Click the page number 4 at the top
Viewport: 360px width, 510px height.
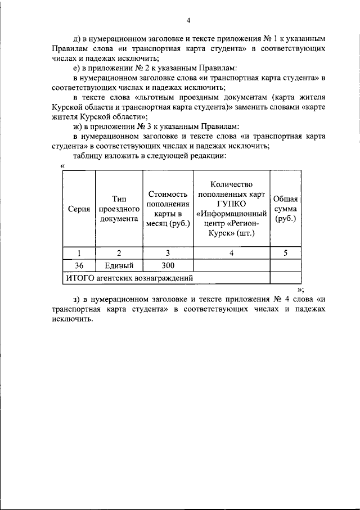click(189, 21)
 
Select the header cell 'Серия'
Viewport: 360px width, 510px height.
click(79, 209)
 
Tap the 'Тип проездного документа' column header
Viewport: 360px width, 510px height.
click(119, 209)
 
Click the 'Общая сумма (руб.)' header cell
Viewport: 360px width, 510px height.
click(285, 209)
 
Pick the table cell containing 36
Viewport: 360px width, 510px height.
click(79, 265)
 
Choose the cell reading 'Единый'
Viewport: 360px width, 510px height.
click(119, 265)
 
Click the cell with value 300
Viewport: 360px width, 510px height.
click(167, 265)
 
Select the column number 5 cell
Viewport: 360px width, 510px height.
click(285, 253)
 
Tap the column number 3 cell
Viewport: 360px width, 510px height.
click(167, 253)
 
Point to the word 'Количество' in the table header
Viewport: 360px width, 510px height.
click(231, 184)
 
